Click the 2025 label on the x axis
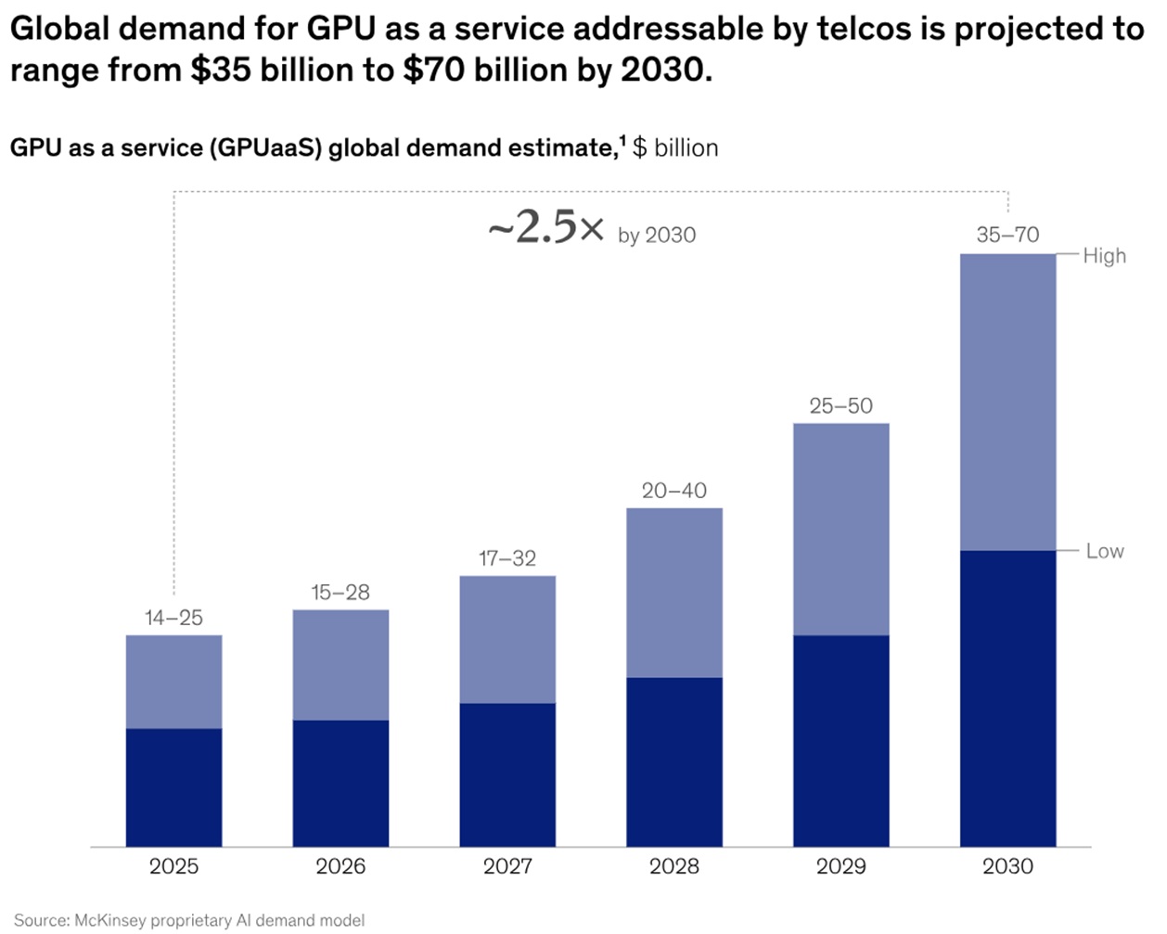point(173,866)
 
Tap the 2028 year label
point(674,866)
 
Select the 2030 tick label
point(1007,866)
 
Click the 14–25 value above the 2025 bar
point(173,618)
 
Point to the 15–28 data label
point(340,593)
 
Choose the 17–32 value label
point(507,558)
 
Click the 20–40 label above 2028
point(674,491)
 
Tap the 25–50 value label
point(840,406)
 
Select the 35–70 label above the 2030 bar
point(1007,235)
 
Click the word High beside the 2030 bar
point(1104,256)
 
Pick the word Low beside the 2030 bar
point(1105,551)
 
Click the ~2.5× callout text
point(545,228)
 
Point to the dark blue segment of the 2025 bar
point(173,787)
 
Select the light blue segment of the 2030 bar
point(1007,402)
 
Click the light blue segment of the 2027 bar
point(507,639)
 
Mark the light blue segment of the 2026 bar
point(340,664)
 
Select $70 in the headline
point(433,70)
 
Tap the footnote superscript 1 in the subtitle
point(622,141)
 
